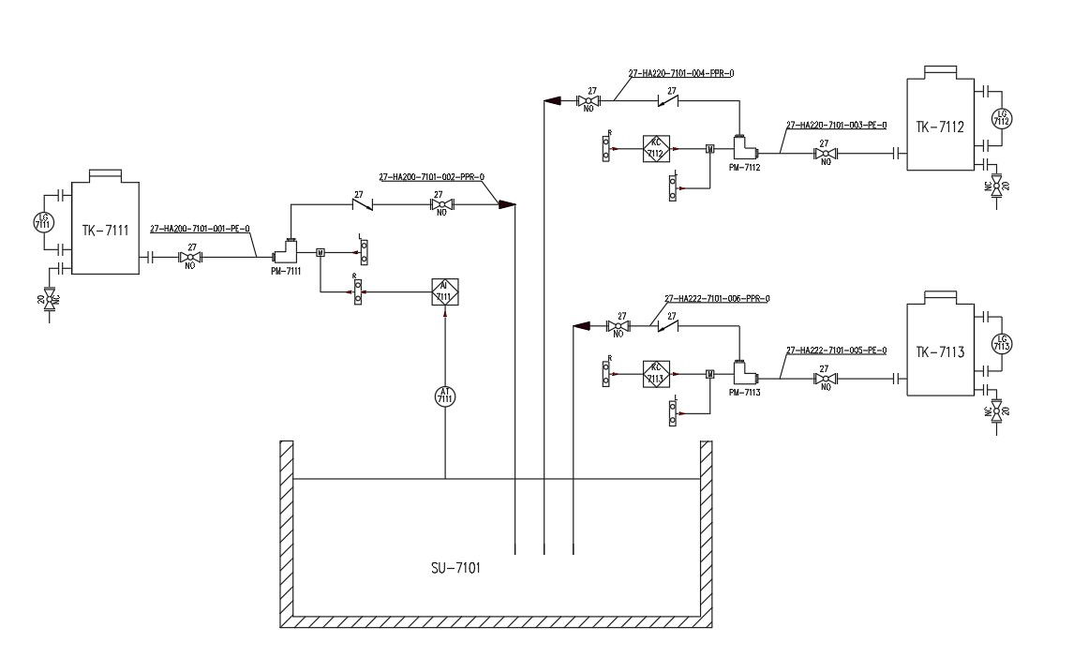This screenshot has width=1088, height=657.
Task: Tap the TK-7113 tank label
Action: [x=941, y=351]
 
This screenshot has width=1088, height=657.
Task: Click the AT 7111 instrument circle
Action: [x=444, y=396]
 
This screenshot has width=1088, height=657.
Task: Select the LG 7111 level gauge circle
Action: [x=42, y=222]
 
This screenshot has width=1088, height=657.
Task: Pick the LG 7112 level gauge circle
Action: [x=1002, y=119]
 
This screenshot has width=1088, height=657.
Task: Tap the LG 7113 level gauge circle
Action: [x=1001, y=345]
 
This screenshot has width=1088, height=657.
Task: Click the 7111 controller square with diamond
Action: [x=444, y=292]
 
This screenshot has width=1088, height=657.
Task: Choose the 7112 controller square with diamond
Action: [x=655, y=148]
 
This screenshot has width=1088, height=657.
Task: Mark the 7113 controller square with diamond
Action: [x=655, y=374]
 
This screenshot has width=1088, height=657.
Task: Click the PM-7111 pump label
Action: [x=286, y=271]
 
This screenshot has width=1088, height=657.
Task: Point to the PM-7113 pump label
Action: [x=744, y=393]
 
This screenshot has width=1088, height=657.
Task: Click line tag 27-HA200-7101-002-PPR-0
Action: [x=431, y=176]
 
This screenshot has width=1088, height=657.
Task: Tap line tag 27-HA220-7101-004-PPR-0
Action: [x=680, y=72]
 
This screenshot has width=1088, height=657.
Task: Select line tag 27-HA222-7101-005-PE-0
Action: [x=836, y=350]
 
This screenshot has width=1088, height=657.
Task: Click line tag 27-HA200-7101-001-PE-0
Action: [x=200, y=228]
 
